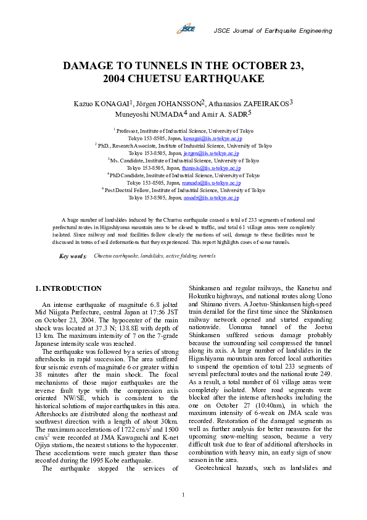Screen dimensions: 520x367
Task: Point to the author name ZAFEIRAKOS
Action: pos(262,104)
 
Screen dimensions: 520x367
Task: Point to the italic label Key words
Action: pos(73,256)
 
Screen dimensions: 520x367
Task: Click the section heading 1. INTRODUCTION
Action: pos(68,288)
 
